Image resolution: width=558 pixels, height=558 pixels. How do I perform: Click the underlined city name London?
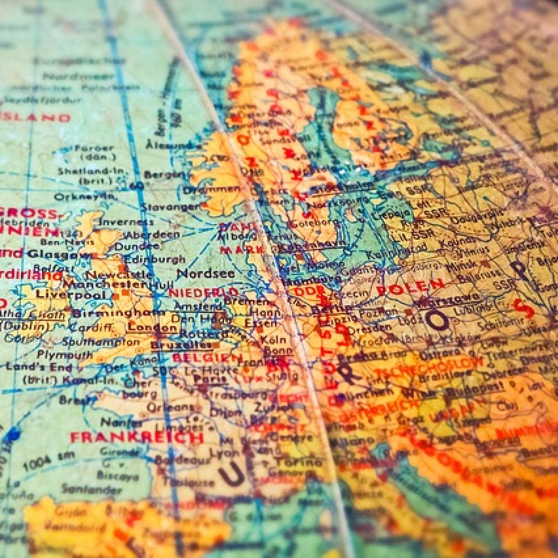coord(152,327)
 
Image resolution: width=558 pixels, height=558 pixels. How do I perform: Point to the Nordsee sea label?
coord(206,273)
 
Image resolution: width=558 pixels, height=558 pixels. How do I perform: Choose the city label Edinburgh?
coord(154,259)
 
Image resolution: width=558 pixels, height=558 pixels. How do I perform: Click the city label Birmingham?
coord(113,313)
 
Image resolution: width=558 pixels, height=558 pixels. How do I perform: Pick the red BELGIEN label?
coord(208,357)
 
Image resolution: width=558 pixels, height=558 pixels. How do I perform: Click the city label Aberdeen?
coord(153,235)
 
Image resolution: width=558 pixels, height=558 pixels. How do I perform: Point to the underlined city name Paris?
coord(210,379)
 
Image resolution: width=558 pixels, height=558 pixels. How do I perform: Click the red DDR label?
coord(305,291)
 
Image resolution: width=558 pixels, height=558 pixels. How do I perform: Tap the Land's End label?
coord(39,367)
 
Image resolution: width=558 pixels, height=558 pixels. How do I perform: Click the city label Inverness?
coord(126,222)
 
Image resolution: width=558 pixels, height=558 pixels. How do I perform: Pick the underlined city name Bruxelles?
coord(181,345)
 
